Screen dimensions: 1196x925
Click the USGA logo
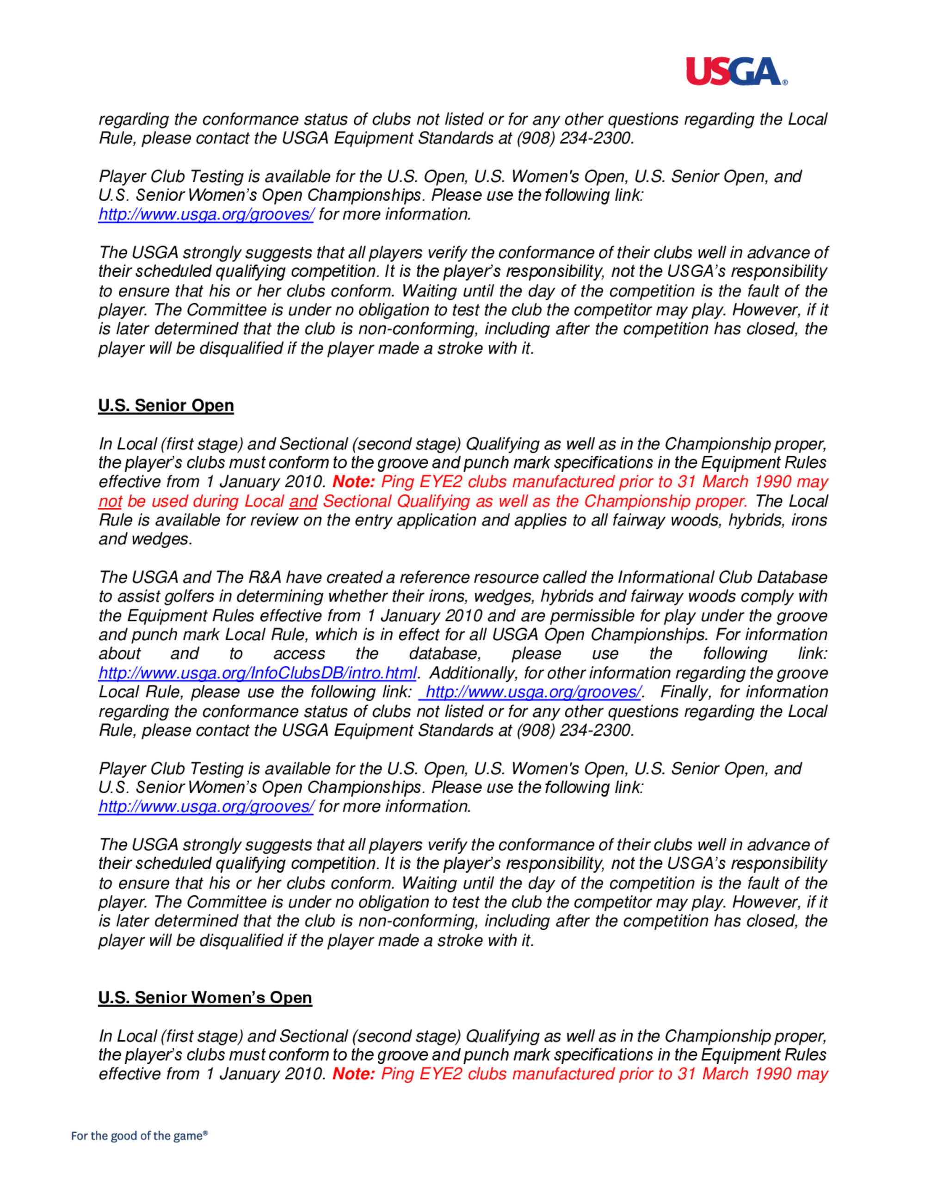[736, 72]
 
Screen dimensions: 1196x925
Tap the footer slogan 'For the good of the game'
[139, 1136]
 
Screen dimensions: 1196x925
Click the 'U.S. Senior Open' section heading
[166, 406]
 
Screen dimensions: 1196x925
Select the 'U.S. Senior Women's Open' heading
[205, 998]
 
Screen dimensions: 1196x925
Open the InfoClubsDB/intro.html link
[258, 673]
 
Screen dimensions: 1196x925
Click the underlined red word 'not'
[110, 501]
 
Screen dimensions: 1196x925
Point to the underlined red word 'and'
[303, 501]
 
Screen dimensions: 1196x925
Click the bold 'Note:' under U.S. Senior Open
[353, 482]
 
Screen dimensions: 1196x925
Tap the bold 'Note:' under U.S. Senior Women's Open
[353, 1074]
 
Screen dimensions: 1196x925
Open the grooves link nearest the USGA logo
[206, 215]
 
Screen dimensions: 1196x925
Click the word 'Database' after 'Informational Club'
[792, 578]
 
